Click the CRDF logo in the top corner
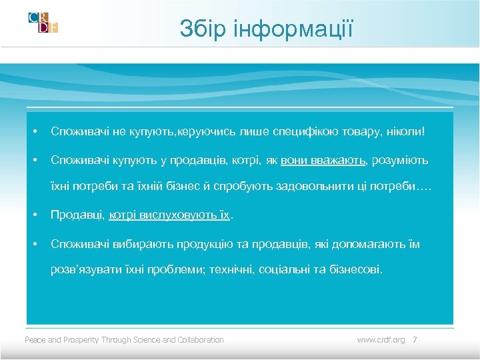click(43, 22)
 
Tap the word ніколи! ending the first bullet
click(405, 132)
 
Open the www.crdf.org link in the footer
click(381, 340)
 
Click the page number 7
click(415, 340)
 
